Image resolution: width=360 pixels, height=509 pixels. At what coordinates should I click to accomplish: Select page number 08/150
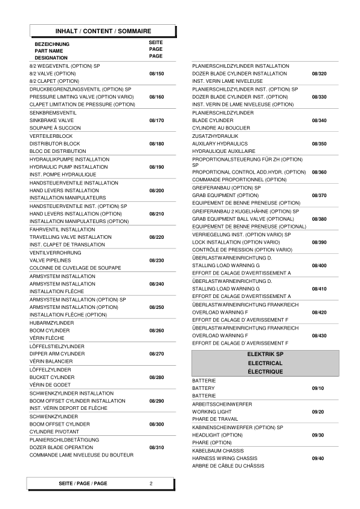(x=156, y=73)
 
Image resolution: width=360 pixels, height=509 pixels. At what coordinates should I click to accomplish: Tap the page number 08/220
(x=156, y=237)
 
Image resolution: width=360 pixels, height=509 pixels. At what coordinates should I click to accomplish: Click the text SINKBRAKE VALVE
(x=53, y=120)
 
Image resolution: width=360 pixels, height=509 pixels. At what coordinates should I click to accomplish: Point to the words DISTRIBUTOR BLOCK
(x=55, y=143)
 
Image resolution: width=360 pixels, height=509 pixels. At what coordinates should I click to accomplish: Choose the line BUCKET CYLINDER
(x=52, y=377)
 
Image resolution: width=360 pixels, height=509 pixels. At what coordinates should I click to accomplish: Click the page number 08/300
(x=156, y=424)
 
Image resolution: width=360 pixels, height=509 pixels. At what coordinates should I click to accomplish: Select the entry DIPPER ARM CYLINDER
(x=57, y=353)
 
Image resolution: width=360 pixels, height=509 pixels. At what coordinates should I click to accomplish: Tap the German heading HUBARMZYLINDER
(x=51, y=323)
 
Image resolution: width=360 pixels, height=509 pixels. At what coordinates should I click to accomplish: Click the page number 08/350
(x=319, y=143)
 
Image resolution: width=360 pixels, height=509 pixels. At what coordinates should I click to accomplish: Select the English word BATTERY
(x=203, y=387)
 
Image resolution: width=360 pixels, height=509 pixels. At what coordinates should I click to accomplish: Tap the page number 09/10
(x=317, y=387)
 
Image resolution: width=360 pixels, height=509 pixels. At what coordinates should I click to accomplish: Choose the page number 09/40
(x=317, y=458)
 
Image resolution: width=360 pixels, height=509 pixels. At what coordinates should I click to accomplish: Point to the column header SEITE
(x=156, y=43)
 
